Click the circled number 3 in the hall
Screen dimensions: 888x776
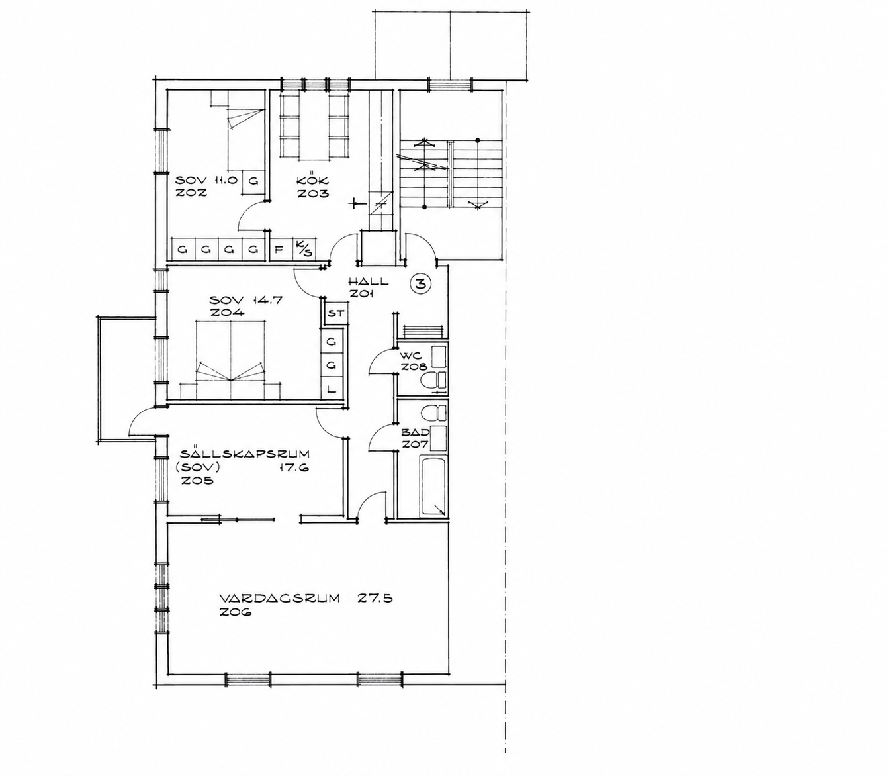coord(420,284)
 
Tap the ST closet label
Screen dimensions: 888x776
coord(335,313)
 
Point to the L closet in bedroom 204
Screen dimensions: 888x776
coord(332,389)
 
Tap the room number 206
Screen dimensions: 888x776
coord(236,612)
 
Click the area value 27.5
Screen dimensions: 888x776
coord(375,599)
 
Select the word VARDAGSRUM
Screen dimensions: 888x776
coord(279,599)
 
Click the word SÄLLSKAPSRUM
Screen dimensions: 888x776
coord(244,454)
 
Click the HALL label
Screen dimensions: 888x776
coord(368,281)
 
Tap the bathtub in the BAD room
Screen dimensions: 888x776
coord(433,486)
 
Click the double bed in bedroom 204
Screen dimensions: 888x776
coord(230,360)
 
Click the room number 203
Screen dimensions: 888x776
coord(313,193)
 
